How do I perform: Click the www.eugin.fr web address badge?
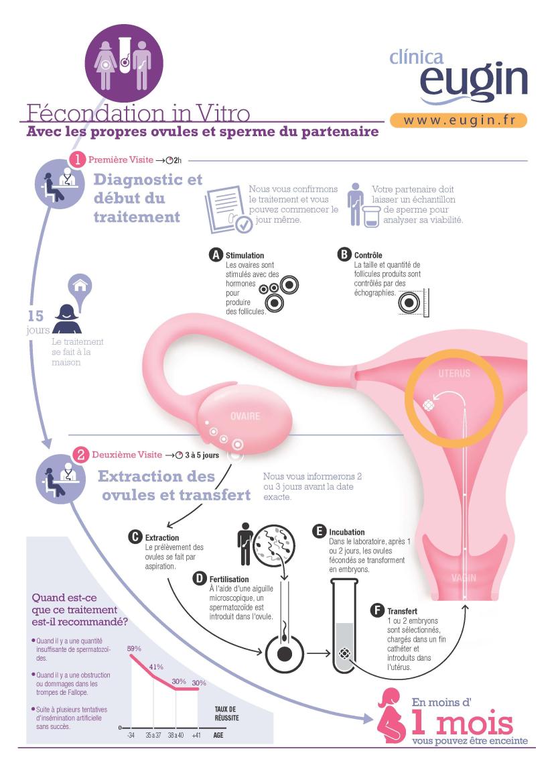coord(458,121)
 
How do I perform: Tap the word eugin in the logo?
coord(474,80)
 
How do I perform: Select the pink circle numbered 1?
coord(78,160)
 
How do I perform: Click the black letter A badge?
coord(215,255)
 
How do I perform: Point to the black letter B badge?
coord(344,254)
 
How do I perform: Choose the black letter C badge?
coord(135,537)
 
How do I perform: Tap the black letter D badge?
coord(200,579)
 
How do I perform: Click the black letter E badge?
coord(320,532)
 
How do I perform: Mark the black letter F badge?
coord(377,610)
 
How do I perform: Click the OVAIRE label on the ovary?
coord(245,416)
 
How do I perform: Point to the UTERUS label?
coord(454,374)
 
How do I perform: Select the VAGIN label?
coord(464,578)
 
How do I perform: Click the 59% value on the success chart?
coord(134,649)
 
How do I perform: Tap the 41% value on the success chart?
coord(156,667)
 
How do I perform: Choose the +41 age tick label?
coord(196,735)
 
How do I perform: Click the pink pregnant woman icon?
coord(391,716)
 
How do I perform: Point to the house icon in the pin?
coord(80,286)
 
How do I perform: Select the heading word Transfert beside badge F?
coord(402,611)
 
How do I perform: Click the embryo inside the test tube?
coord(345,653)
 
